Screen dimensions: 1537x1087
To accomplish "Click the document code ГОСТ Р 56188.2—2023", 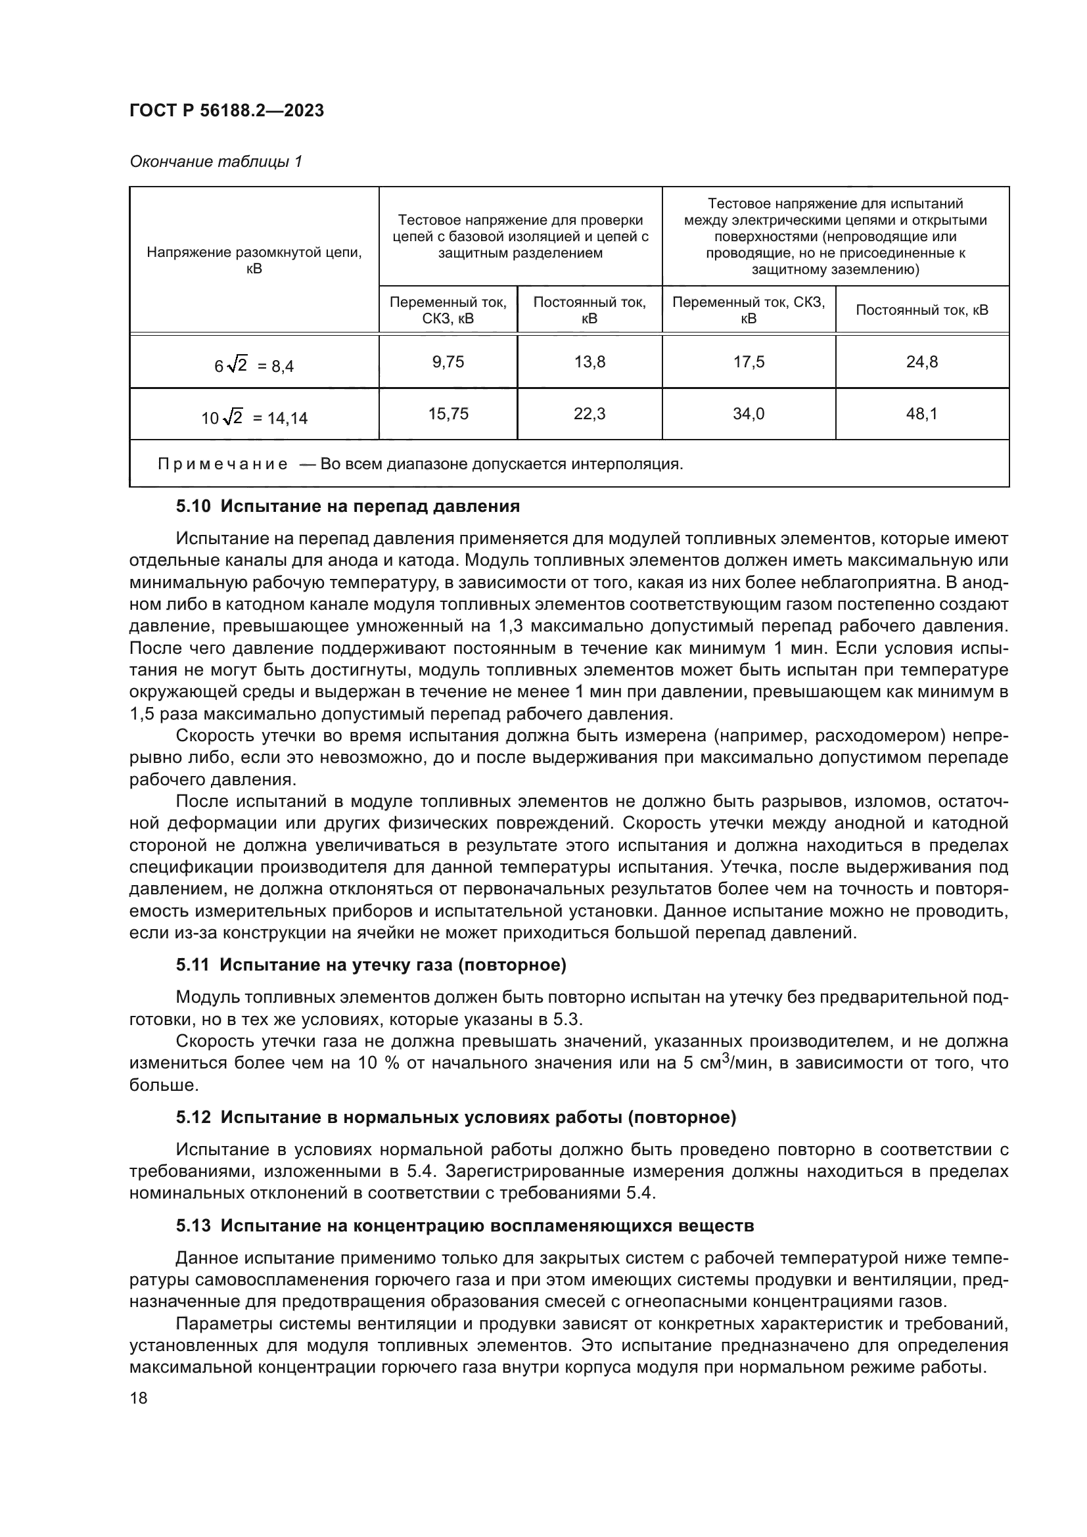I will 226,110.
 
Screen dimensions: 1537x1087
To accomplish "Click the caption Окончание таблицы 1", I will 216,162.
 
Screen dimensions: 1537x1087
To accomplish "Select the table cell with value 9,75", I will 448,362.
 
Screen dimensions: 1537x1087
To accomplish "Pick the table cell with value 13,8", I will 589,362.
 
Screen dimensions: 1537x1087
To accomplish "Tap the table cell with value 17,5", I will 749,362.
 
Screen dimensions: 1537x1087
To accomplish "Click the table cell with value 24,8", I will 921,362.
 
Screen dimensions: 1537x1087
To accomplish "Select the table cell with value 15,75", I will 448,414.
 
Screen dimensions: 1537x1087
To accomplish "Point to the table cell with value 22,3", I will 589,414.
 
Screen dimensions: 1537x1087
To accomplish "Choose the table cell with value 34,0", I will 749,414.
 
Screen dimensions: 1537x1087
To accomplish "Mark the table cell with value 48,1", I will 921,414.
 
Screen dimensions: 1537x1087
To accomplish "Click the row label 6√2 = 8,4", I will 254,365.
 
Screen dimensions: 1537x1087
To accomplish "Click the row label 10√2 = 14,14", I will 254,418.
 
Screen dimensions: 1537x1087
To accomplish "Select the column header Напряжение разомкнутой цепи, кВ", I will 254,260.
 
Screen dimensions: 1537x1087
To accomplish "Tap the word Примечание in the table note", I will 222,464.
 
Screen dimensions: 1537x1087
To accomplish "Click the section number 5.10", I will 193,506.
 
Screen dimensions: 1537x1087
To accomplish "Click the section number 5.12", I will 193,1117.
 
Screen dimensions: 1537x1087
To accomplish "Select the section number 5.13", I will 193,1226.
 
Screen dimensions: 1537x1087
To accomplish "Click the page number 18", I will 139,1398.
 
